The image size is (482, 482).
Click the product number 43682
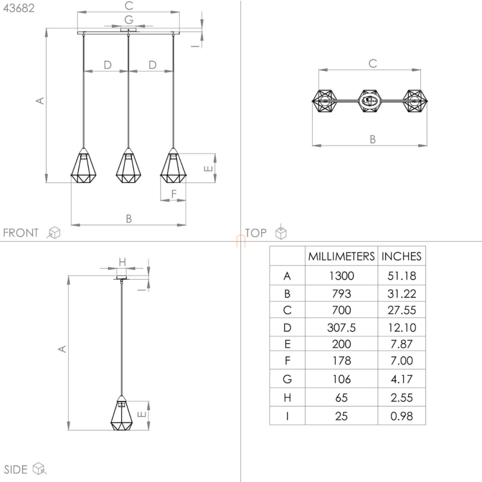click(x=19, y=8)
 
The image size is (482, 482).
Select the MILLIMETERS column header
click(x=341, y=256)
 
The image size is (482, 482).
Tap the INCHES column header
click(x=401, y=256)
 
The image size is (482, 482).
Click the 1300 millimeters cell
click(x=341, y=276)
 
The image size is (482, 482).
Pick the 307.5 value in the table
click(x=341, y=328)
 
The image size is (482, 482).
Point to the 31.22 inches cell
click(x=402, y=293)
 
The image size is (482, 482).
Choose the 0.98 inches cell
click(x=401, y=416)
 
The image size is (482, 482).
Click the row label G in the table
click(x=287, y=379)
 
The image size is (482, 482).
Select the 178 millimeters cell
click(x=342, y=361)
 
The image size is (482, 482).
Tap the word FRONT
click(x=21, y=233)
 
